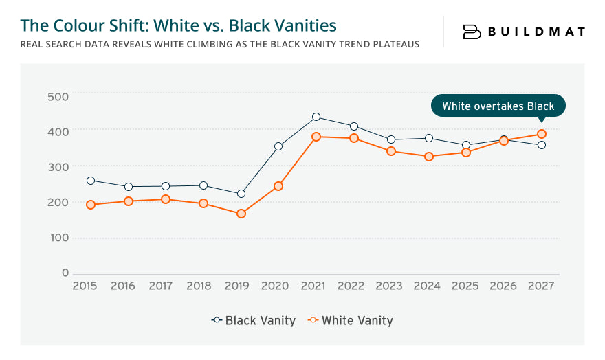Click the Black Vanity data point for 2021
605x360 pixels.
click(316, 117)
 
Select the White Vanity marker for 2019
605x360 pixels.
click(241, 214)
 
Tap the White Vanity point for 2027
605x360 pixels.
click(542, 134)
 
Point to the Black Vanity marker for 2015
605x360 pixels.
click(91, 181)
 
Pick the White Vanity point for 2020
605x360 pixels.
click(278, 186)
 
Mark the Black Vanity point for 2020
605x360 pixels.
click(278, 146)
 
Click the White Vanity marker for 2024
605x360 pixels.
click(429, 157)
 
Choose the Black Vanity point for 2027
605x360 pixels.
click(542, 145)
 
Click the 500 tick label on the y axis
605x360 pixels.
click(58, 95)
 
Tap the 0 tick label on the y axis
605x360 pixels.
click(65, 273)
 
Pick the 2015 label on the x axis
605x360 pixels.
click(85, 286)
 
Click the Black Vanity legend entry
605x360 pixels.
click(254, 320)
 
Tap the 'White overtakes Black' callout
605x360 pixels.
click(497, 106)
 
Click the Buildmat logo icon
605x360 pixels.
click(472, 32)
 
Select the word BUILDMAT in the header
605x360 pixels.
click(537, 32)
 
